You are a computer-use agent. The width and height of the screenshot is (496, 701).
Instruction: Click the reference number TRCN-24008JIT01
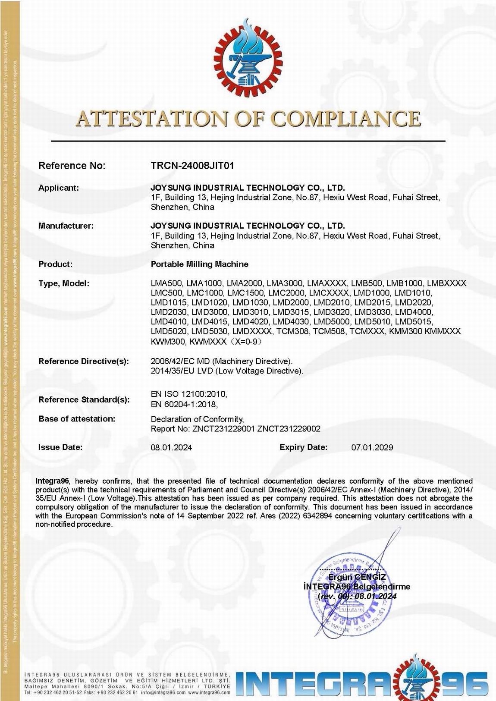click(x=192, y=166)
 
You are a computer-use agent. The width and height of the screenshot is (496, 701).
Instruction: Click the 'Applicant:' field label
click(x=59, y=188)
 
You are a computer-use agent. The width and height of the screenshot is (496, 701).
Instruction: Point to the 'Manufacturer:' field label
click(x=66, y=226)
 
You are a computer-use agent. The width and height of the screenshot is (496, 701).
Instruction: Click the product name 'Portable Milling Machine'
click(x=199, y=264)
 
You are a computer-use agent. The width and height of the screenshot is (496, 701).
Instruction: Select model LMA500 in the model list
click(x=166, y=283)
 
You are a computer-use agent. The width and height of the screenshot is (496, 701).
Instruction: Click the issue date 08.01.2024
click(x=171, y=447)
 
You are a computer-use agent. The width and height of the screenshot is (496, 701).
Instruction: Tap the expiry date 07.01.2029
click(x=372, y=447)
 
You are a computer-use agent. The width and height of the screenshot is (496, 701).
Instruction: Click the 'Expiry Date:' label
click(x=303, y=447)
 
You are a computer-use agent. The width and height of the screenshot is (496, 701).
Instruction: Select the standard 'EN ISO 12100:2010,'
click(x=189, y=394)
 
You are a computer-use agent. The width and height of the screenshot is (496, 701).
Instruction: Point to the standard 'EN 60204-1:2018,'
click(x=184, y=405)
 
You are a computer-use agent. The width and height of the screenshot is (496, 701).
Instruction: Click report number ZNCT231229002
click(x=289, y=429)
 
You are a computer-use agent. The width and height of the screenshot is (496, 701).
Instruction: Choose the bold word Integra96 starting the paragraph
click(x=52, y=481)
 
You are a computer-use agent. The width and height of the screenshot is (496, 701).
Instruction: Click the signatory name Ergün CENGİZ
click(x=357, y=577)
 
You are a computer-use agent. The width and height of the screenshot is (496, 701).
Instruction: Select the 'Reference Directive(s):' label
click(x=84, y=362)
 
